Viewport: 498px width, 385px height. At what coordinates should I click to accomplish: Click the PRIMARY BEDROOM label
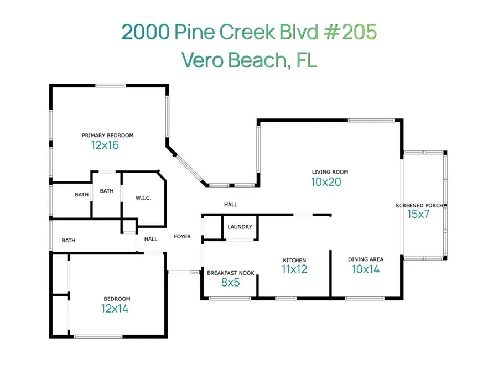click(107, 135)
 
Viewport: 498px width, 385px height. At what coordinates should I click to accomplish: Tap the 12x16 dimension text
click(105, 145)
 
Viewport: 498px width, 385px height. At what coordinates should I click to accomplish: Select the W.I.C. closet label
click(143, 198)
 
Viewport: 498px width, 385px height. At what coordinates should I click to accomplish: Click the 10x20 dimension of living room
click(326, 182)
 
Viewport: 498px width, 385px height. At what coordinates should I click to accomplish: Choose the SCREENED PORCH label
click(419, 205)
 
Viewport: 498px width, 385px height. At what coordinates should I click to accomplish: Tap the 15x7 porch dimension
click(418, 215)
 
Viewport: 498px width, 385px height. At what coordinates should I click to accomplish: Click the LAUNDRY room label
click(240, 227)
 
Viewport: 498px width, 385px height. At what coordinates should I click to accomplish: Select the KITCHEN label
click(294, 260)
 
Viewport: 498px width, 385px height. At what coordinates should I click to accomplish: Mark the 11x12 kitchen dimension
click(294, 270)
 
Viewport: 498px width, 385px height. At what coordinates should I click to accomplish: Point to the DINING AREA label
click(366, 259)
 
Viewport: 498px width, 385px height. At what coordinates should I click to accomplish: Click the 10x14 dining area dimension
click(366, 269)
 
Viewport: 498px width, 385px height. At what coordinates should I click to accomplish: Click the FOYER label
click(182, 237)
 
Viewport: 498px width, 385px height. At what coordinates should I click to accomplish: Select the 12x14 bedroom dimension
click(115, 309)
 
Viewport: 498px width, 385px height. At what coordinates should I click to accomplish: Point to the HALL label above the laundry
click(231, 205)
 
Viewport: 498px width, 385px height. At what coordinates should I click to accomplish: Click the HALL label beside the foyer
click(151, 240)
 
